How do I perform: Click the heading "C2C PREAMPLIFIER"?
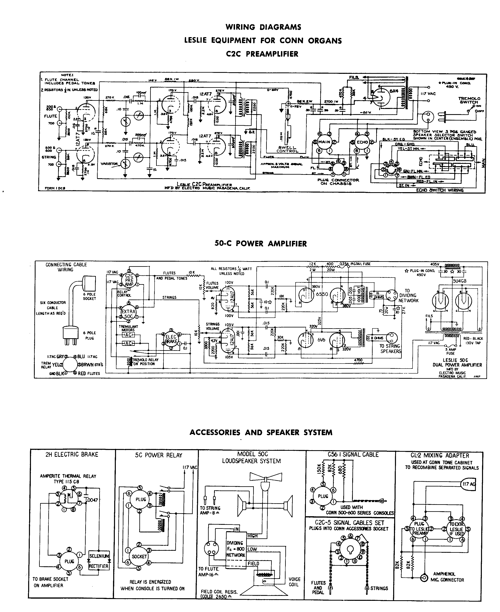[262, 54]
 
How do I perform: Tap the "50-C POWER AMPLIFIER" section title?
[260, 243]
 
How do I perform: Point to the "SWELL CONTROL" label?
[287, 149]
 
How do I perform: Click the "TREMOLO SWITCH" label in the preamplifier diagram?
[469, 100]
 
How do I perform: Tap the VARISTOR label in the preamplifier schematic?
[109, 164]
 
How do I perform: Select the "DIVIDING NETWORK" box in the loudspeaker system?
[236, 549]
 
